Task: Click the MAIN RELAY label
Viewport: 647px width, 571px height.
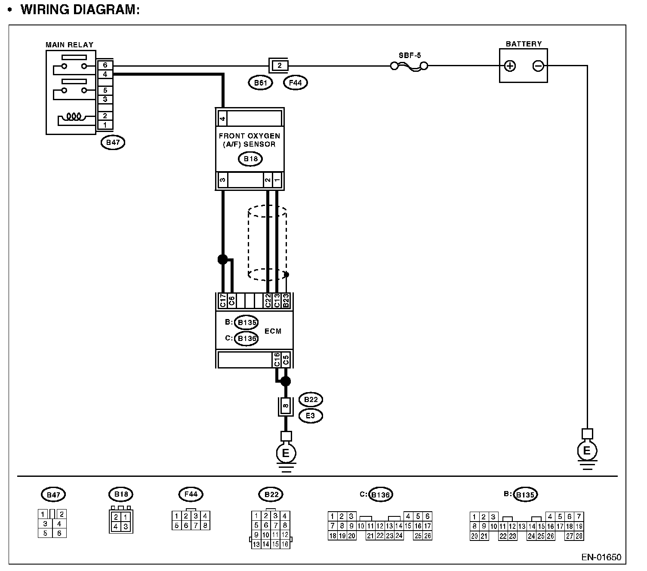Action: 69,44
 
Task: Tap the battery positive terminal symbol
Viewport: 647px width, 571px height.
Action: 510,66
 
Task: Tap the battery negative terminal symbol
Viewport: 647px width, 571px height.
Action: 538,66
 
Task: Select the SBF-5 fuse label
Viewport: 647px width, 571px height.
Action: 410,55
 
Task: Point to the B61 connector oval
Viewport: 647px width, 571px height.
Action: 260,83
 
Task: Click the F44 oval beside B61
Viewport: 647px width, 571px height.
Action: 296,83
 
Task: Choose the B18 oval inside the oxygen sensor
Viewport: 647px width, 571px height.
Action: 250,159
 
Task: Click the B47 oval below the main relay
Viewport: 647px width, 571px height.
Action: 113,142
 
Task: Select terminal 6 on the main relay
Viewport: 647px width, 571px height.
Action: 105,65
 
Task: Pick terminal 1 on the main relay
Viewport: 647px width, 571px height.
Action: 105,125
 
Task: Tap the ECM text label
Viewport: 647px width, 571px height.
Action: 273,331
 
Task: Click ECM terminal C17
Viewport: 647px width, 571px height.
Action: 223,301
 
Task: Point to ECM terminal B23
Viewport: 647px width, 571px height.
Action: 286,301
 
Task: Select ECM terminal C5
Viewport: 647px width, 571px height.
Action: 286,359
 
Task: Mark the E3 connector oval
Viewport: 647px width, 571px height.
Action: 310,416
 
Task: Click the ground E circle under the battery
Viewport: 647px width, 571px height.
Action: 587,451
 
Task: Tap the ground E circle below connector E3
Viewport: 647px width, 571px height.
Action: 286,453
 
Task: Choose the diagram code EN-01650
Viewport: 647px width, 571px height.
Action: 601,557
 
